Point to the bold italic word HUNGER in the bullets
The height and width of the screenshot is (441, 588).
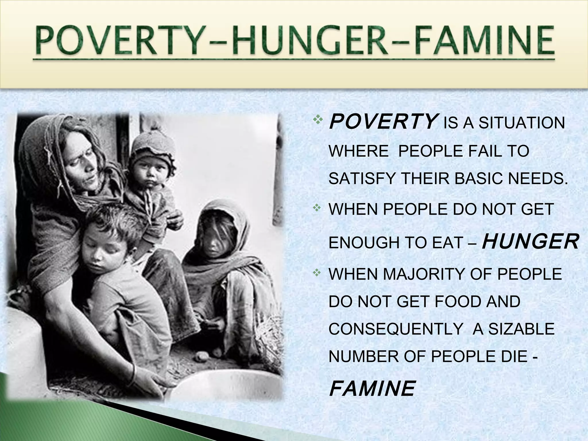(x=530, y=242)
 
